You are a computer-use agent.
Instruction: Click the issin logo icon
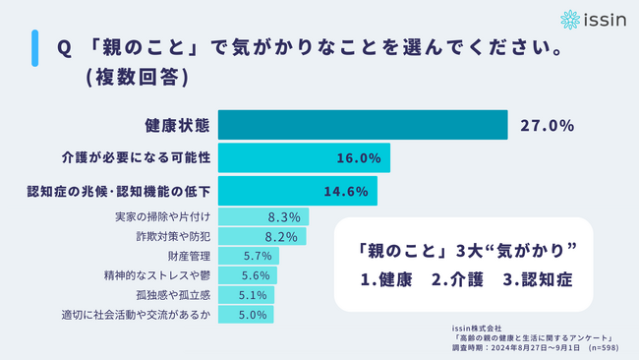571,19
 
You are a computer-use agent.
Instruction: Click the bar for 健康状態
362,126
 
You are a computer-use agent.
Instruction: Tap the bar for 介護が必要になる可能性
304,157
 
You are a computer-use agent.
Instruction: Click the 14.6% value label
345,190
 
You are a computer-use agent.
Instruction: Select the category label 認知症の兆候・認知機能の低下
114,190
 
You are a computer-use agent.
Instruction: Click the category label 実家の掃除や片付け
155,216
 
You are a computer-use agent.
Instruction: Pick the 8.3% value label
284,216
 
